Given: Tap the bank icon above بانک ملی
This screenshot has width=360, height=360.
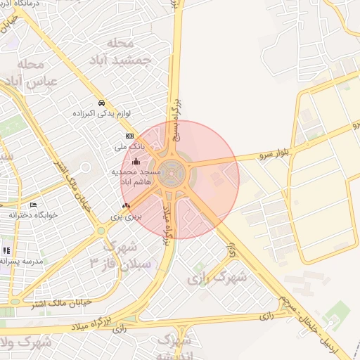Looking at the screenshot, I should pos(129,136).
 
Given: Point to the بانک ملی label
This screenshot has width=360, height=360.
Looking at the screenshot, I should pos(129,147).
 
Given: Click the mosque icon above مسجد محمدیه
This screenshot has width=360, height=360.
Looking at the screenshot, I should pos(136,161).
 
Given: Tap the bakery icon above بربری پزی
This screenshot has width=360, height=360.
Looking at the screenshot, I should pos(126,205).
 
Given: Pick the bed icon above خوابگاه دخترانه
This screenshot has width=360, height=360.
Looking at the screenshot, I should pos(34,205).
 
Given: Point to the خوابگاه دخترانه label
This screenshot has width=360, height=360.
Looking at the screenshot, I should pos(34,214).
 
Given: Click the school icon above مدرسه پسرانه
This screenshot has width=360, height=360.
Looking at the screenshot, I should pos(6,250).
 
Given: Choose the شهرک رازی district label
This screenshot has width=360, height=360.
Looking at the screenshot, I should pos(218,278).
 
